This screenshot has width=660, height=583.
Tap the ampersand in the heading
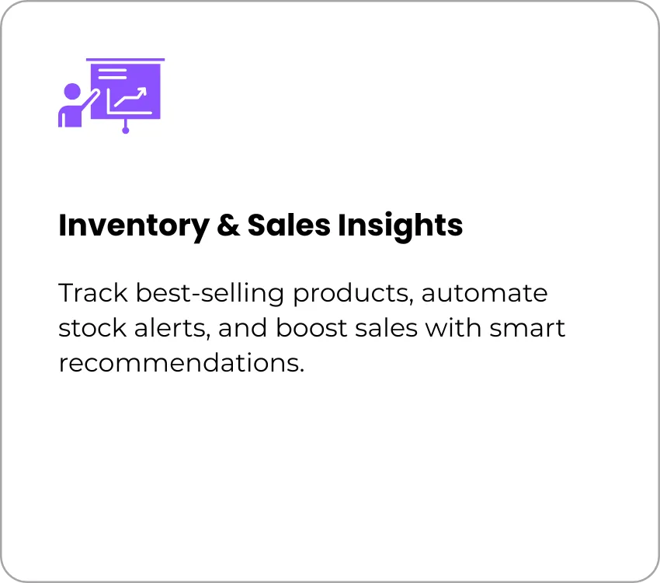[228, 225]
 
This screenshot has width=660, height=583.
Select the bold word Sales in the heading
[289, 225]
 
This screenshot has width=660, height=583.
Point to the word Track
[93, 293]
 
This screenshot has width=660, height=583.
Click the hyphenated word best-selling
[210, 294]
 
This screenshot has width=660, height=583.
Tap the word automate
[485, 294]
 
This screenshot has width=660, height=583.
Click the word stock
[92, 328]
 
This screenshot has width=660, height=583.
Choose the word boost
[311, 328]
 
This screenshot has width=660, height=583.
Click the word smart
[527, 329]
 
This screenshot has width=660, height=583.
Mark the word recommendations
[182, 363]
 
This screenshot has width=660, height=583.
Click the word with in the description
[453, 328]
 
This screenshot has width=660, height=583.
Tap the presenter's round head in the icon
[72, 93]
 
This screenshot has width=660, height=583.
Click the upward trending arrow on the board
[131, 97]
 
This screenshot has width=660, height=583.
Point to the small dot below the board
[126, 130]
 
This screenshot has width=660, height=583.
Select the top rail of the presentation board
[126, 60]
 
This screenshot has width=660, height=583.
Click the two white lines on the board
[113, 74]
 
